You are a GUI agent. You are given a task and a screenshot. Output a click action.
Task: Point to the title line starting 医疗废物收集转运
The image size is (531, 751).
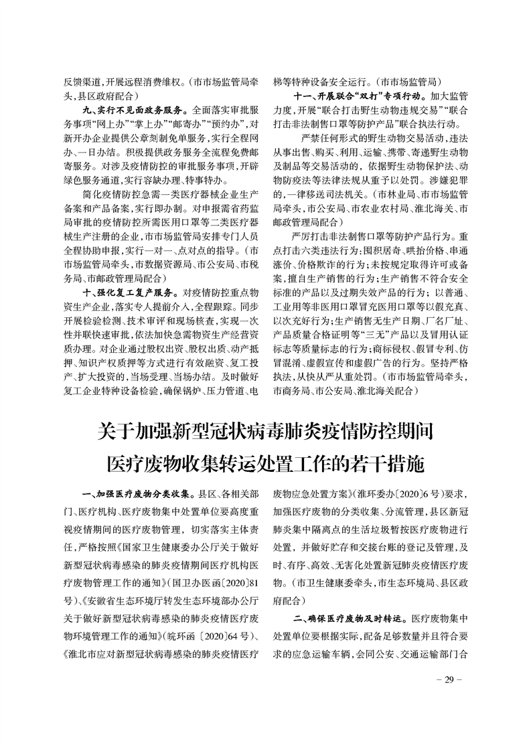click(265, 463)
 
